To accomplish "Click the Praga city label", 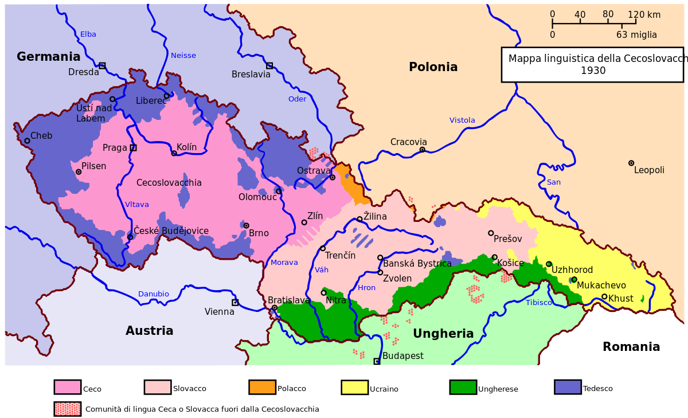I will [115, 148].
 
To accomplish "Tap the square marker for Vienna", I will [235, 302].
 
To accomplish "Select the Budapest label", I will [403, 356].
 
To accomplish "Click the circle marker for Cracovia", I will [422, 150].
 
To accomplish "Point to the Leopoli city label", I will [649, 170].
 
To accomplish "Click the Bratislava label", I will [289, 300].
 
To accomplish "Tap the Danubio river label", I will [153, 294].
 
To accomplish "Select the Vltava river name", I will [137, 205].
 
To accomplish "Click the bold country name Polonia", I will [433, 67].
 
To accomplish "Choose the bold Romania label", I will [631, 347].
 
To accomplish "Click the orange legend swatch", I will [262, 387].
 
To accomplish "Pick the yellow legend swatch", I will [354, 387].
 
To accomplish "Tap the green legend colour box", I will [463, 387].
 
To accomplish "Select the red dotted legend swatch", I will [67, 409].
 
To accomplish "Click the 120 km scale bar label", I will [644, 15].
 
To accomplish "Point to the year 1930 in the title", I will [593, 71].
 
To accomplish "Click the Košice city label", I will [510, 263].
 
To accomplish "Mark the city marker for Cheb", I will [27, 140].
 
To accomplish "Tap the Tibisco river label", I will [538, 303].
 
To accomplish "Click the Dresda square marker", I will [102, 65].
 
